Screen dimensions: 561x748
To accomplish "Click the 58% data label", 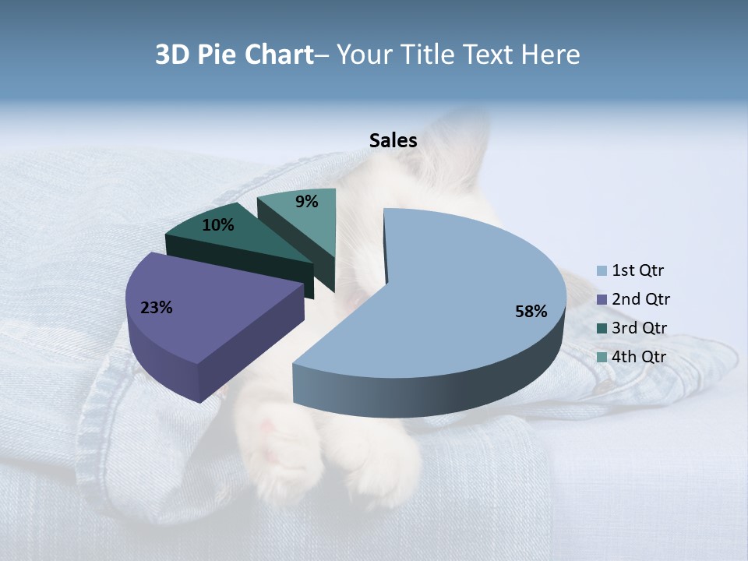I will [x=531, y=312].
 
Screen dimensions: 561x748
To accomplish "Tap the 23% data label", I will [x=156, y=308].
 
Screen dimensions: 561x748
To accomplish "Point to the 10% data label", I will [x=217, y=225].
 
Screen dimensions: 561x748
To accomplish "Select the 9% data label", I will [x=307, y=202].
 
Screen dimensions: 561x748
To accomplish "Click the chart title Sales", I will [x=393, y=140].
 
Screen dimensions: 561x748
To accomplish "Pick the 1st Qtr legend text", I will [x=637, y=271].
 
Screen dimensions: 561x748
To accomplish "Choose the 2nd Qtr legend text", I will [x=640, y=299].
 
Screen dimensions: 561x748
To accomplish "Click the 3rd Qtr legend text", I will [x=640, y=328].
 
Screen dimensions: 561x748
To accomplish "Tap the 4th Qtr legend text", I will [x=640, y=357].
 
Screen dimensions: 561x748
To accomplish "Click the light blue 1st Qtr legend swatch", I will [x=602, y=271].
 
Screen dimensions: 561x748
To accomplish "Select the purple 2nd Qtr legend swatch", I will [x=602, y=300].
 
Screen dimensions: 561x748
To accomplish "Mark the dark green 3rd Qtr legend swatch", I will [x=602, y=328].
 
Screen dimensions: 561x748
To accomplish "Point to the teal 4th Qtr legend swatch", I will [x=602, y=357].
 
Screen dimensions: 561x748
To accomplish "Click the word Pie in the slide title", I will [x=218, y=55].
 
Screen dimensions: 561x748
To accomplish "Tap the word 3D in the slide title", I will [x=174, y=55].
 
